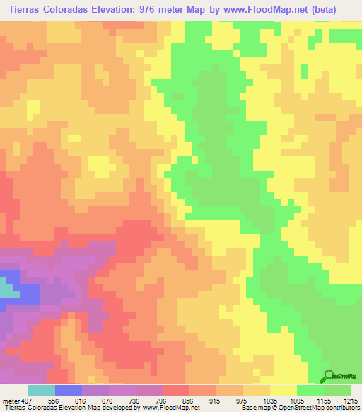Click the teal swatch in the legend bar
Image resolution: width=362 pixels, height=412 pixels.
42,390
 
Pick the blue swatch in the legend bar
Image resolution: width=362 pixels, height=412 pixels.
69,390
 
